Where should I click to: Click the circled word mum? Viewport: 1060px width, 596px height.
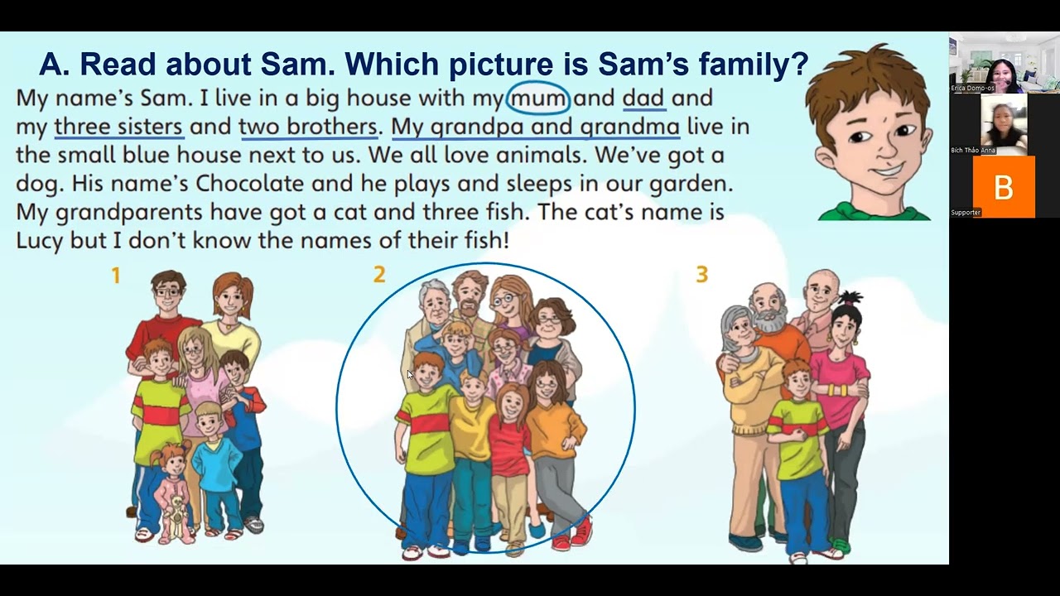click(x=538, y=99)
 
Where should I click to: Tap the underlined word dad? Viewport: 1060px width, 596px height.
click(x=644, y=99)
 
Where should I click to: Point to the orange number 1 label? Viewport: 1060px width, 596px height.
click(x=116, y=276)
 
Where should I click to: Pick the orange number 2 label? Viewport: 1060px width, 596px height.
click(x=379, y=274)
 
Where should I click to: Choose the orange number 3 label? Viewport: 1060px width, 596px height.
click(x=702, y=274)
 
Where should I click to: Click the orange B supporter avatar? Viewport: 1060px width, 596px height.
click(x=1004, y=187)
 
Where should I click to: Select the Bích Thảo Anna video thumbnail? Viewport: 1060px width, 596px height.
click(x=1004, y=124)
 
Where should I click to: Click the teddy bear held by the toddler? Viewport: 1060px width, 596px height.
click(x=176, y=516)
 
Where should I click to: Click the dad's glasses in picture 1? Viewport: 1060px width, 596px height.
click(x=167, y=292)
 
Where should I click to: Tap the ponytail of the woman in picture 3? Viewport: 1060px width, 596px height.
click(x=850, y=299)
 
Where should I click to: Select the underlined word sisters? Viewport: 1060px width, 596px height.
click(x=151, y=127)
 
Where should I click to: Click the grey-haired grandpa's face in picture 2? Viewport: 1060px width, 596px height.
click(x=433, y=306)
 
